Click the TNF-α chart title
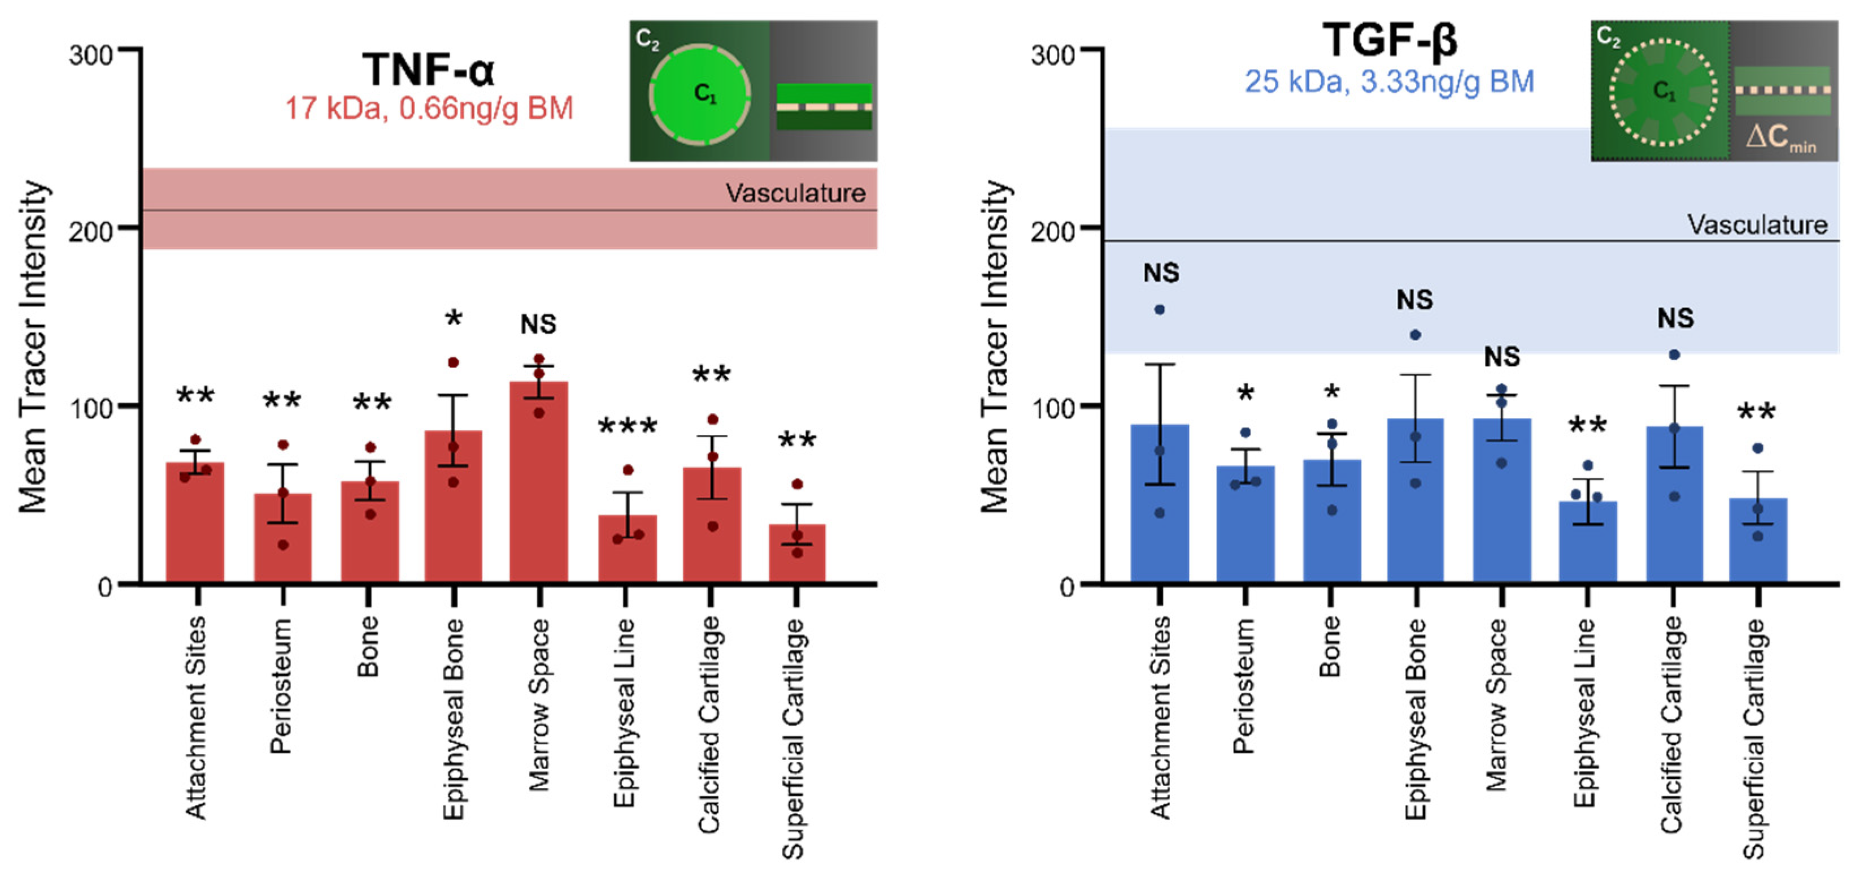tap(429, 70)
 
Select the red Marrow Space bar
tap(539, 483)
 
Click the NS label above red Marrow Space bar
tap(539, 325)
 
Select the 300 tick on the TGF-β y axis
tap(1052, 55)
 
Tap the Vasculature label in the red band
tap(795, 193)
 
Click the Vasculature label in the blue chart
tap(1757, 225)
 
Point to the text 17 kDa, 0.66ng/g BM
tap(429, 109)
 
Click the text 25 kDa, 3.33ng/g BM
tap(1390, 81)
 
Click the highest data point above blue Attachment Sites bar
tap(1159, 310)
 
